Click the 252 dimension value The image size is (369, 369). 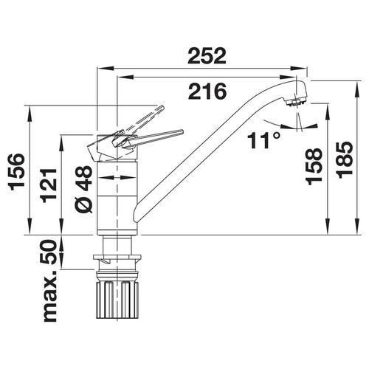coord(207,56)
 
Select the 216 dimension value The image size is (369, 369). coord(207,91)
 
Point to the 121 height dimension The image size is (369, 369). coord(49,185)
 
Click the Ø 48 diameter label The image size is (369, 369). coord(83,189)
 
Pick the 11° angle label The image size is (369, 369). coord(263,140)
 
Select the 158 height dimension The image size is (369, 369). coord(314,166)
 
